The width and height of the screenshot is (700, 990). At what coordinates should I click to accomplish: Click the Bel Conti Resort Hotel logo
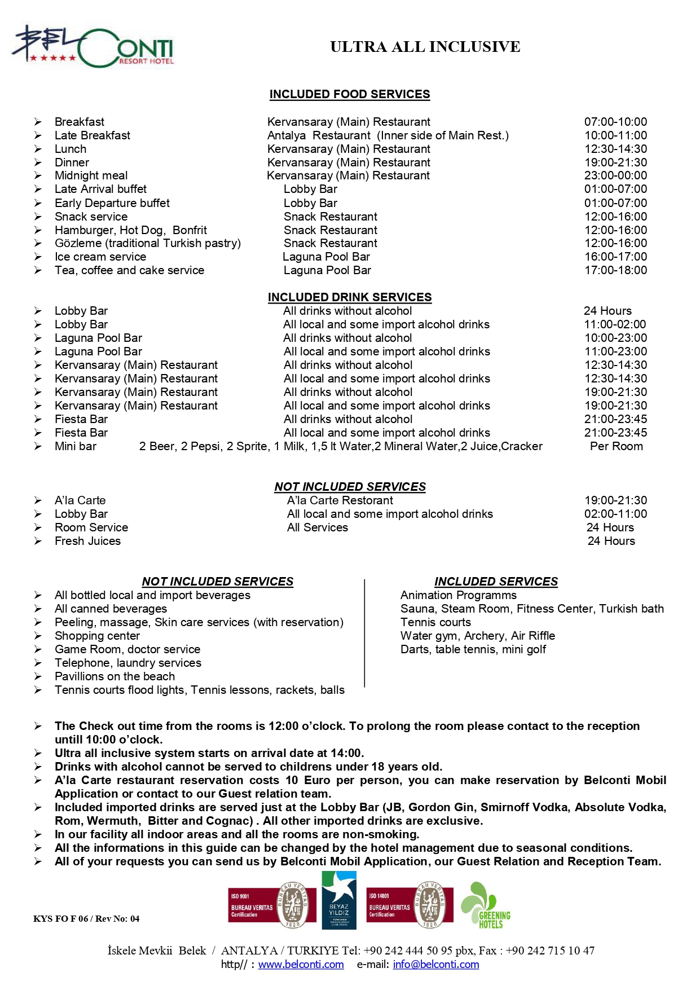pos(93,47)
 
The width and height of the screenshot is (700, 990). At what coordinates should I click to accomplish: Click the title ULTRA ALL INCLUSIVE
pos(425,47)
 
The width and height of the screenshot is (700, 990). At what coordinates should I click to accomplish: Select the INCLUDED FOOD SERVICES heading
pos(349,94)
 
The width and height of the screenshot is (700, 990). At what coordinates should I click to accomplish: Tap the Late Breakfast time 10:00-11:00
pos(615,135)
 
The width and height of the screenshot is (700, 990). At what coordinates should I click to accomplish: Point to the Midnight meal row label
pos(91,175)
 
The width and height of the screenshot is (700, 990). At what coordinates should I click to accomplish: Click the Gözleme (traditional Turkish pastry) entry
pos(147,243)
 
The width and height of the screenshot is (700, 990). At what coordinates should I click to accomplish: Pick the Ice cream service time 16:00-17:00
pos(615,257)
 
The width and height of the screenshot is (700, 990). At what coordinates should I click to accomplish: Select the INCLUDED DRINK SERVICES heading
pos(349,297)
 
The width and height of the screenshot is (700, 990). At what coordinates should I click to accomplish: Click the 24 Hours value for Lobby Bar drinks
pos(607,311)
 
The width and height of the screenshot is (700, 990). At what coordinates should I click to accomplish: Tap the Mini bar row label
pos(75,446)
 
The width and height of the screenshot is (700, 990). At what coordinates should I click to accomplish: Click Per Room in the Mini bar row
pos(616,446)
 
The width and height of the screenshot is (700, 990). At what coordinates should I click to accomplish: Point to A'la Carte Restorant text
pos(340,500)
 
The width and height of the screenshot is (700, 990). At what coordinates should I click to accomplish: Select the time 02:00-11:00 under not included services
pos(615,514)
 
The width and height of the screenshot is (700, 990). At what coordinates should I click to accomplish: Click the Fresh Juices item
pos(87,541)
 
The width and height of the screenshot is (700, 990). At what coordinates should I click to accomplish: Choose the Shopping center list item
pos(97,636)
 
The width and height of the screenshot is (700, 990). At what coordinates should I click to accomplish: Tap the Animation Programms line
pos(458,595)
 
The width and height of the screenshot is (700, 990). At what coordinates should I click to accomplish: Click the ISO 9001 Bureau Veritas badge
pos(268,905)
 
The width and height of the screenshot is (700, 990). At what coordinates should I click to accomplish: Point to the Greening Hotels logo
pos(486,905)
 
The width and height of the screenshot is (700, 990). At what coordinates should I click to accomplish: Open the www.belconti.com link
pos(301,965)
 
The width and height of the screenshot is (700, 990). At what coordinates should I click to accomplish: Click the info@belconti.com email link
pos(435,965)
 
